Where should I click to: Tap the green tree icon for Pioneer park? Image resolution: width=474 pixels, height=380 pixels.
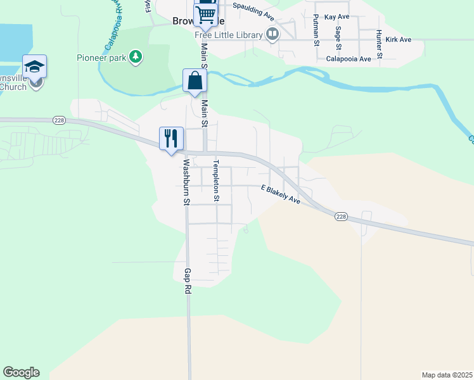(x=135, y=58)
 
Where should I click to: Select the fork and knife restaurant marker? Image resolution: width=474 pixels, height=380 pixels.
(x=171, y=138)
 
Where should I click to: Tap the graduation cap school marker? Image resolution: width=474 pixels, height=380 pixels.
(x=34, y=66)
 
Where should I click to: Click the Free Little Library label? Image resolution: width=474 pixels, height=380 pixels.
(x=229, y=34)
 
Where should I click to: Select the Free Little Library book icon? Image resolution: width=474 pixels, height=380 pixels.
(x=272, y=34)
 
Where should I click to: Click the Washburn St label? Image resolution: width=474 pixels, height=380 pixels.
(x=186, y=182)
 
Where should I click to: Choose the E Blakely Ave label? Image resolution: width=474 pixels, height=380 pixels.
(x=280, y=194)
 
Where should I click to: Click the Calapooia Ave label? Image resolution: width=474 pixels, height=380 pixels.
(x=348, y=59)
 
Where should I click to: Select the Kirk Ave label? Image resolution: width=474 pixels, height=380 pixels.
(x=398, y=39)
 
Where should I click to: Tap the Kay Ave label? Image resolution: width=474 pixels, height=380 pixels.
(x=336, y=17)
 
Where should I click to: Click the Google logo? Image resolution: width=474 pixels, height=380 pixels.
(x=21, y=372)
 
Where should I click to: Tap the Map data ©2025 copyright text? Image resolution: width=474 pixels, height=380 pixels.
(x=447, y=375)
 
